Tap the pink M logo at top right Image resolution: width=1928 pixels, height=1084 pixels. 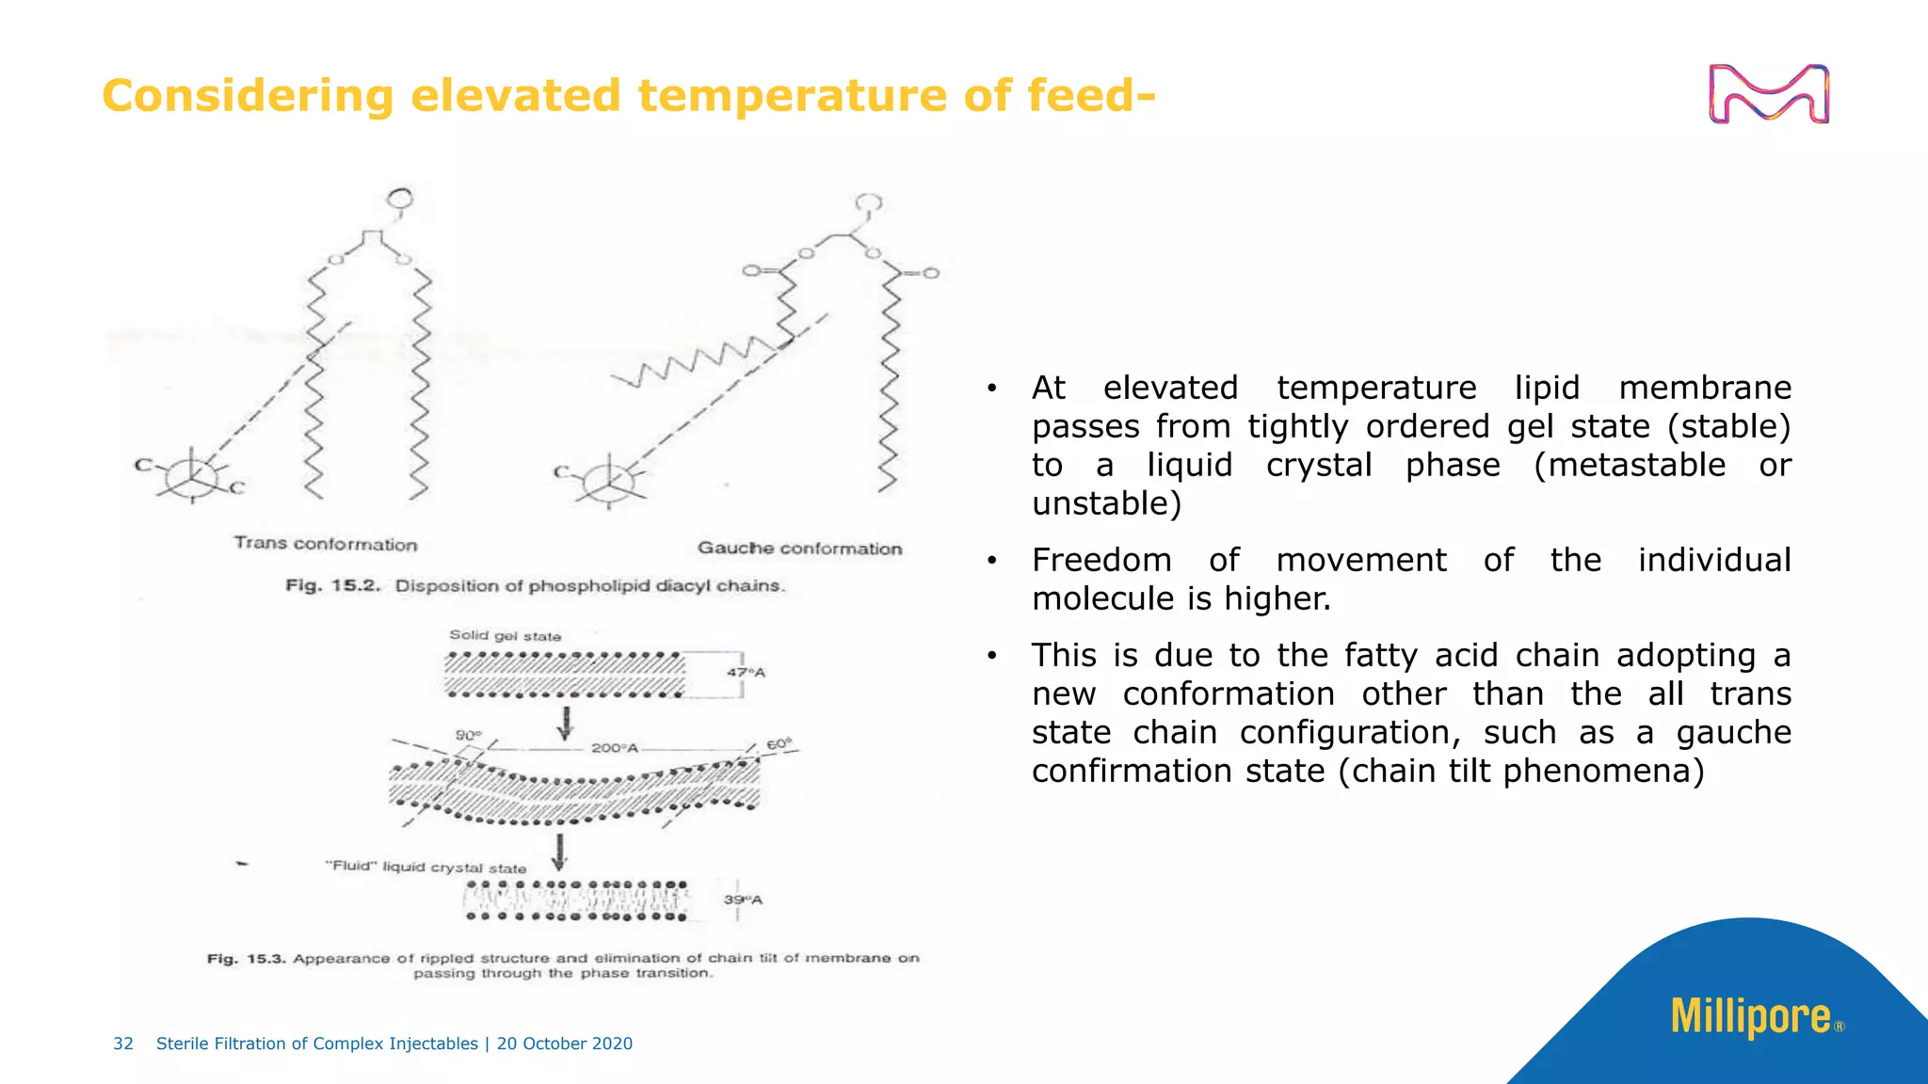tap(1768, 94)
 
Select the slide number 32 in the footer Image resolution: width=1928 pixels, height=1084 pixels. tap(123, 1044)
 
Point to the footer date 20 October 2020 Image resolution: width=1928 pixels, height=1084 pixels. tap(565, 1044)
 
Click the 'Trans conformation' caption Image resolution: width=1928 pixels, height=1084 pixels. tap(325, 544)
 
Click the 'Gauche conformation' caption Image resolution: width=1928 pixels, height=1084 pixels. tap(799, 549)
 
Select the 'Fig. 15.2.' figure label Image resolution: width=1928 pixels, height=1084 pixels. tap(332, 585)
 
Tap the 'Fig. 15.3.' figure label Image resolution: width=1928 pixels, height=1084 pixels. tap(246, 959)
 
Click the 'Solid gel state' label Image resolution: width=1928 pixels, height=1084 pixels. tap(505, 636)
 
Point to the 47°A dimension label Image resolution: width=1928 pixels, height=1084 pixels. tap(746, 673)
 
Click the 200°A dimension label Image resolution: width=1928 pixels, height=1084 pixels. tap(614, 748)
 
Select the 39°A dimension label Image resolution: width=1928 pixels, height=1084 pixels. tap(743, 901)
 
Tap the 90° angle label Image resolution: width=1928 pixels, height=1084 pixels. tap(468, 735)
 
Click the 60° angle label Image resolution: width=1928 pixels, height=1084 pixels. tap(779, 744)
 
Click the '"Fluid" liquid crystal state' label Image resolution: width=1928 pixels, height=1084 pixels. tap(426, 867)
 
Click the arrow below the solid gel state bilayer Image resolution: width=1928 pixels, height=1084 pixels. tap(566, 724)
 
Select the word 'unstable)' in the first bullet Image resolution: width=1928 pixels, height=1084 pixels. tap(1106, 503)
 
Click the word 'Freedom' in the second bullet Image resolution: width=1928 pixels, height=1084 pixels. tap(1101, 560)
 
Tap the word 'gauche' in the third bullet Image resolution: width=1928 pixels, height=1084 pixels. tap(1733, 732)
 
